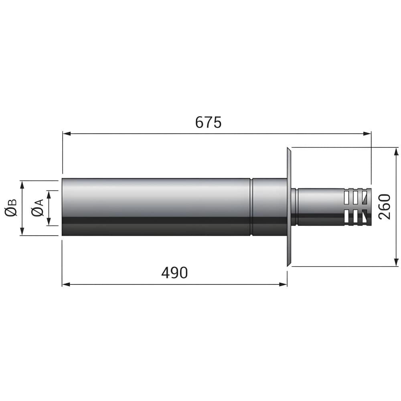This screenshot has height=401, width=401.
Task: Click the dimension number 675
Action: tap(208, 122)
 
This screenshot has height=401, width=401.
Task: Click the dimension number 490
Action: tap(174, 273)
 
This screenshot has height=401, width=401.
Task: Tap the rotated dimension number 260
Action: tap(385, 207)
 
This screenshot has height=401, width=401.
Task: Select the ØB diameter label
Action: tap(11, 207)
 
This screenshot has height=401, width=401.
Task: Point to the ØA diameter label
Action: tap(38, 208)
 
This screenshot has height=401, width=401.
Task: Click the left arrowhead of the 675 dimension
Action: tap(67, 134)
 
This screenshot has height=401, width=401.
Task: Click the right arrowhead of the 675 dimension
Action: tap(367, 134)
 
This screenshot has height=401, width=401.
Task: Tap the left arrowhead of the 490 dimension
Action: tap(66, 284)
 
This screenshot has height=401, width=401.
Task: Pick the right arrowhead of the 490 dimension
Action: tap(283, 284)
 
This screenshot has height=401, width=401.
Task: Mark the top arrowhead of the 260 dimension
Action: tap(396, 152)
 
